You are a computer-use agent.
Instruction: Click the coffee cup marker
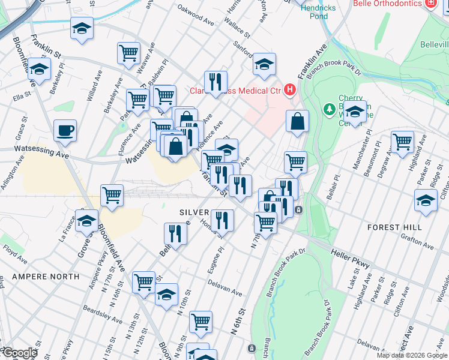click(65, 130)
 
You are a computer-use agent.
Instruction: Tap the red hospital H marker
click(291, 91)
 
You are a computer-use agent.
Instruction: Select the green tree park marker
click(328, 109)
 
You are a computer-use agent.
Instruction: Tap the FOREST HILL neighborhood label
click(395, 227)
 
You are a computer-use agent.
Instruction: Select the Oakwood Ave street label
click(196, 16)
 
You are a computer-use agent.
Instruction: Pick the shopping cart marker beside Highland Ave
click(402, 142)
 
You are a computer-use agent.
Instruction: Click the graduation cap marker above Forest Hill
click(426, 200)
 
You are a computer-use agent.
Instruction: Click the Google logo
click(20, 353)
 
